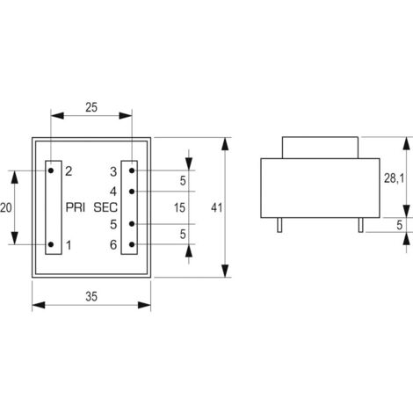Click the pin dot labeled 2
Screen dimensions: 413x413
51,170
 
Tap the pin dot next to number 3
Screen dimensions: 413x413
131,170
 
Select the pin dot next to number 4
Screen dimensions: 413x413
131,190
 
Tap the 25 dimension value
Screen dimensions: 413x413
91,107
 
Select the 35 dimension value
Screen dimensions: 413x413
91,296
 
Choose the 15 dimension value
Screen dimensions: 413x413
178,207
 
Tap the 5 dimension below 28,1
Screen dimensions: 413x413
398,225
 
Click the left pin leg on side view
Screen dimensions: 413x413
279,226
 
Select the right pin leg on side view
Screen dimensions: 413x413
360,226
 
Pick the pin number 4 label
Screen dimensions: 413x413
113,190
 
